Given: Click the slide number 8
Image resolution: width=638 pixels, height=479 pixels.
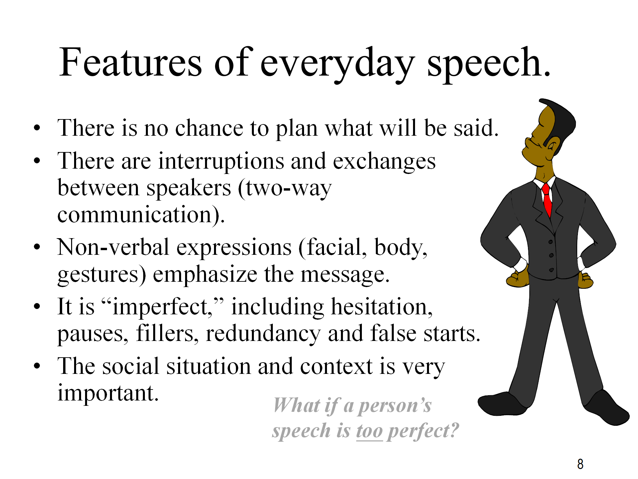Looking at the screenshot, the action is coord(580,464).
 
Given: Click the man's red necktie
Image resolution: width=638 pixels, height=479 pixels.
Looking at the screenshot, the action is coord(547,200).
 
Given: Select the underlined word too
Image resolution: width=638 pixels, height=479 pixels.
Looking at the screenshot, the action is coord(370,431).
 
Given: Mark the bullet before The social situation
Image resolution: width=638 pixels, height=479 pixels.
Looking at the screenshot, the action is coord(37,366).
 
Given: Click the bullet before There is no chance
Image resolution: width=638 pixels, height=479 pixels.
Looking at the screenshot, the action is coord(37,128).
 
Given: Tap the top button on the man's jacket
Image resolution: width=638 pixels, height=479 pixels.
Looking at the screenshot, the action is coord(551,242).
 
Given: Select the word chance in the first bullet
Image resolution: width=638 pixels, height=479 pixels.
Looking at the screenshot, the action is coord(209,128).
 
